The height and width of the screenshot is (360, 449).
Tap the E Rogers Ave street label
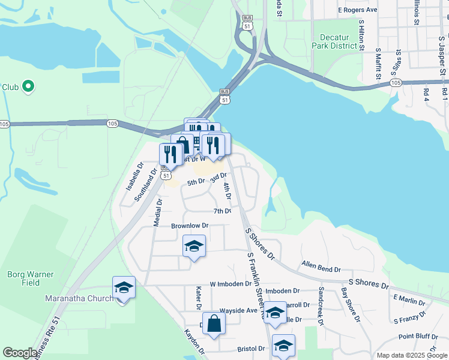pyautogui.click(x=357, y=10)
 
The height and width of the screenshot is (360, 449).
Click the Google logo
pyautogui.click(x=20, y=353)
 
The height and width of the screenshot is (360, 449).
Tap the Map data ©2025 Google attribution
pyautogui.click(x=411, y=355)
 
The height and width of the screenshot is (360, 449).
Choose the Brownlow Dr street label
pyautogui.click(x=189, y=226)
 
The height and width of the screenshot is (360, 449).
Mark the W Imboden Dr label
pyautogui.click(x=231, y=283)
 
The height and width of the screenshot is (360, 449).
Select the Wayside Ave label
pyautogui.click(x=239, y=311)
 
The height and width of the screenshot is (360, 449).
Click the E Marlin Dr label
pyautogui.click(x=410, y=298)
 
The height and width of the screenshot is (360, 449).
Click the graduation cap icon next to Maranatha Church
pyautogui.click(x=124, y=287)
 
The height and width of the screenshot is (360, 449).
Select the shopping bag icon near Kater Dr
pyautogui.click(x=214, y=324)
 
